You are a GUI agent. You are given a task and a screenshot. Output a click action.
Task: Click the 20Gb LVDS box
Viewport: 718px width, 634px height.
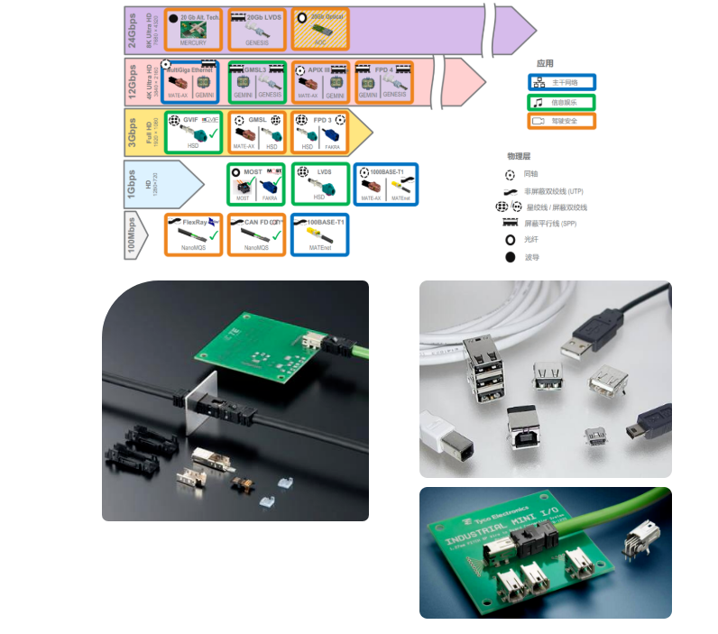[x=256, y=29]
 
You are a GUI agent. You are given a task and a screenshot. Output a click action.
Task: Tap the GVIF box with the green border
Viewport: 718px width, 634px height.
[x=192, y=132]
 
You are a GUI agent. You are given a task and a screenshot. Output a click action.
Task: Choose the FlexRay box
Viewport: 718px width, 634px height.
[x=193, y=234]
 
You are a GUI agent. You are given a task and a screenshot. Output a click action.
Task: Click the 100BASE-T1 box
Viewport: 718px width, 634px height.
[x=320, y=234]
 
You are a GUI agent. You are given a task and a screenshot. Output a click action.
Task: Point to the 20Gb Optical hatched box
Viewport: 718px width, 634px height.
[x=319, y=29]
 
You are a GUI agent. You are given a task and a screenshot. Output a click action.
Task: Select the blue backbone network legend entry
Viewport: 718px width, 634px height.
[x=562, y=82]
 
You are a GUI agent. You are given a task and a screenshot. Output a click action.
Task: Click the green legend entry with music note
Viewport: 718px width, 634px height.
[x=562, y=102]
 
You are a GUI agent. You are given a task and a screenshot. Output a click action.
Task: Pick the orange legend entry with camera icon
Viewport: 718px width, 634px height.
[x=562, y=121]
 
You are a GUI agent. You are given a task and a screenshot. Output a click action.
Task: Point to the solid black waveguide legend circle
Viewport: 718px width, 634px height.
[x=510, y=257]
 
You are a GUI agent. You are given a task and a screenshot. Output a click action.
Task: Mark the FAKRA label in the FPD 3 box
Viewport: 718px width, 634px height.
[x=332, y=146]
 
